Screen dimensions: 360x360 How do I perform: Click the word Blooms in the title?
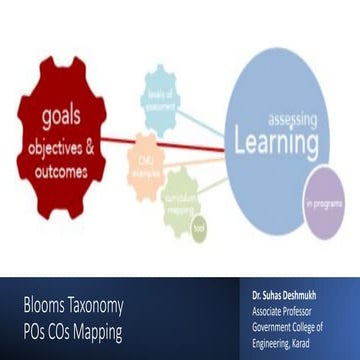point(45,304)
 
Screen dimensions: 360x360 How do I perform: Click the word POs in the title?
point(35,332)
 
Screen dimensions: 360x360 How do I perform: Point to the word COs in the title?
point(63,332)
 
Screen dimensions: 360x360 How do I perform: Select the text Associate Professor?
point(284,311)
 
